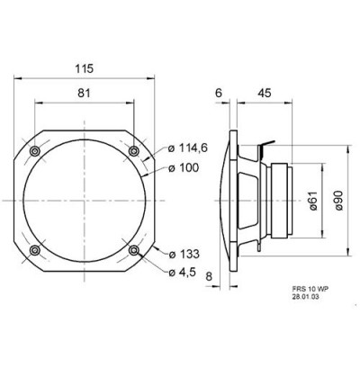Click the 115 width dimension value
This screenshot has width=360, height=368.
pos(85,68)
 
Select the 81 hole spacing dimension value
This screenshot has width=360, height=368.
pos(84,93)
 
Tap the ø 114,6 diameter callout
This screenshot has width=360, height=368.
pos(188,148)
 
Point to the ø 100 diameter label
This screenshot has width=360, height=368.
pos(184,168)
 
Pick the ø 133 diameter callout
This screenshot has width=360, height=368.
pos(184,254)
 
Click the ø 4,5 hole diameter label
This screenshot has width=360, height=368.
pos(182,273)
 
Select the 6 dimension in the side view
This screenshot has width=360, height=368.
pos(219,93)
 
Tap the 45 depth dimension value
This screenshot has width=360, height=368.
pos(265,93)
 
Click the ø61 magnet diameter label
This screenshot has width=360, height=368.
pos(313,201)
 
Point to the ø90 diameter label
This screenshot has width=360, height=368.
pos(338,200)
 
